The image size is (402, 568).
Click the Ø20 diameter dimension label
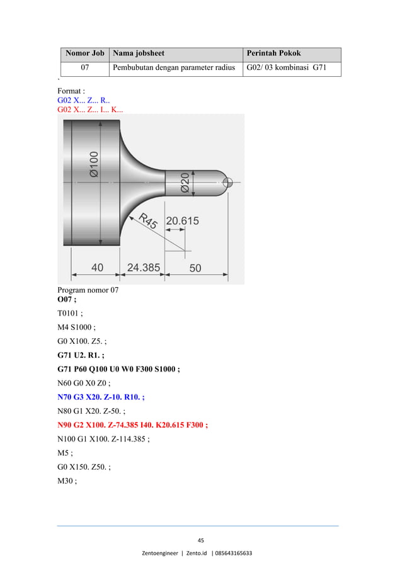[x=185, y=183]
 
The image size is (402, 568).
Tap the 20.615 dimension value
[x=182, y=221]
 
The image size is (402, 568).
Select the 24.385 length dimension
[x=143, y=267]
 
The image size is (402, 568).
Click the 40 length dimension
[x=98, y=267]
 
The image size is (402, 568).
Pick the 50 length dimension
[x=195, y=268]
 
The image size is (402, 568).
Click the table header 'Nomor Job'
[x=84, y=54]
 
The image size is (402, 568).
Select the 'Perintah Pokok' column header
[x=273, y=54]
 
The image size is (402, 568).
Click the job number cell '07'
[x=84, y=68]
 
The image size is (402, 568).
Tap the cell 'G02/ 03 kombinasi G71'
[x=285, y=68]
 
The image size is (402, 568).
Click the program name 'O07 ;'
[x=67, y=299]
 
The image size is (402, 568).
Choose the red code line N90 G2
[x=132, y=424]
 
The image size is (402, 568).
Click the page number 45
[x=200, y=540]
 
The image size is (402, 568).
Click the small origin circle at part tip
[x=228, y=183]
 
